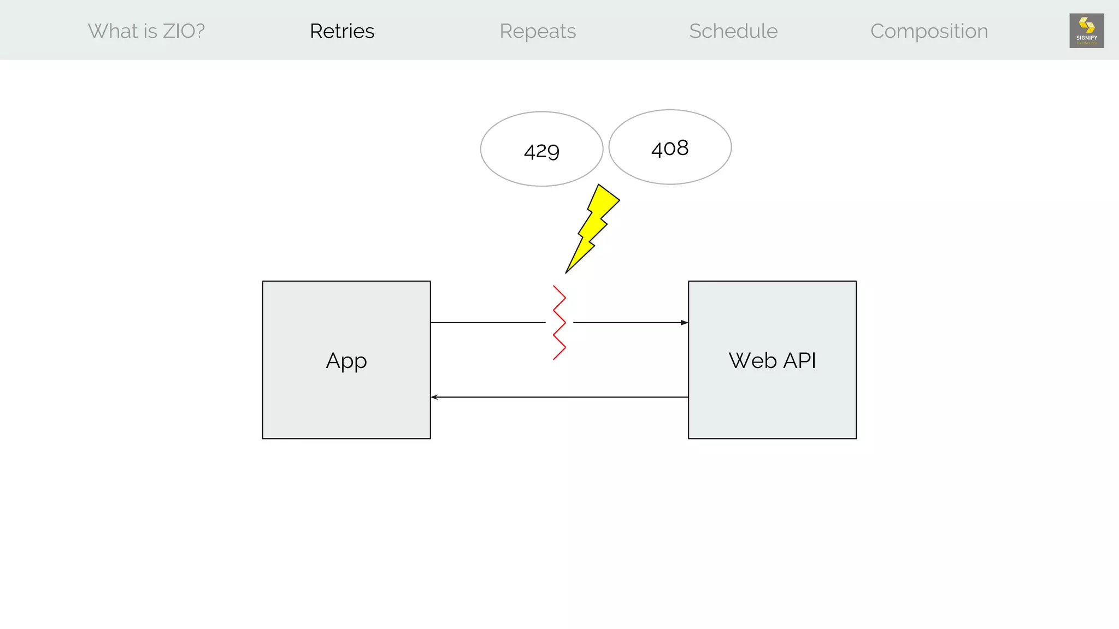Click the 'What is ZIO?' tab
click(146, 31)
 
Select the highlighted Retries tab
click(342, 31)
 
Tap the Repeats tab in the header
click(538, 31)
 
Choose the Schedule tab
click(733, 31)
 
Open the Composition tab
click(929, 31)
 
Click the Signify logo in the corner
click(1086, 31)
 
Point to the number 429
click(541, 151)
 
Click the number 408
click(670, 148)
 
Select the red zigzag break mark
click(559, 322)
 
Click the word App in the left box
click(346, 361)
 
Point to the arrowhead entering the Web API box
click(684, 323)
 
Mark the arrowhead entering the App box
click(434, 397)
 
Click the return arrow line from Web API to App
click(559, 397)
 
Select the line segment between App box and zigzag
click(487, 323)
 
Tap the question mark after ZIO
click(199, 31)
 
